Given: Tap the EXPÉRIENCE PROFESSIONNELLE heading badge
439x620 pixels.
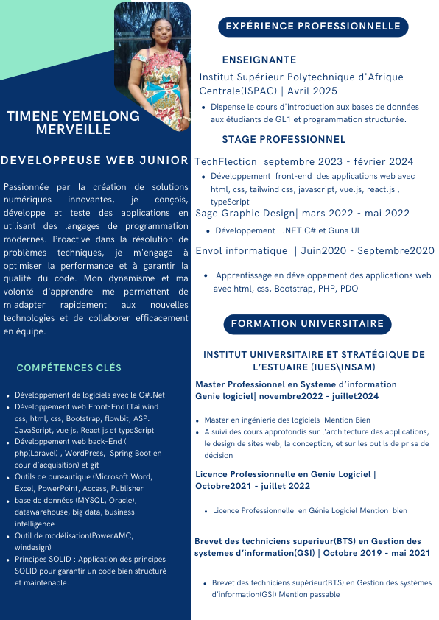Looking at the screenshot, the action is [313, 27].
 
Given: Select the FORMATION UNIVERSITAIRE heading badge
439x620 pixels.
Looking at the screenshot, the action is [307, 324].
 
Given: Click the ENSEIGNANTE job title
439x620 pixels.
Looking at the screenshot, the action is [259, 60].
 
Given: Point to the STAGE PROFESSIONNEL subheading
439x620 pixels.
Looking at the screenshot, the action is [284, 139].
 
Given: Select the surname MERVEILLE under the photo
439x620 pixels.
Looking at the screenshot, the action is [74, 130].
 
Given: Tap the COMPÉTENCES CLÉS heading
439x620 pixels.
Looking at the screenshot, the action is [69, 367].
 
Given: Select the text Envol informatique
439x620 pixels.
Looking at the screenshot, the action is [242, 250].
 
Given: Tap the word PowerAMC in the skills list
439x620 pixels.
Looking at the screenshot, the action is [109, 535].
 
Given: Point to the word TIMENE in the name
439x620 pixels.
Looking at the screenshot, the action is [29, 116].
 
